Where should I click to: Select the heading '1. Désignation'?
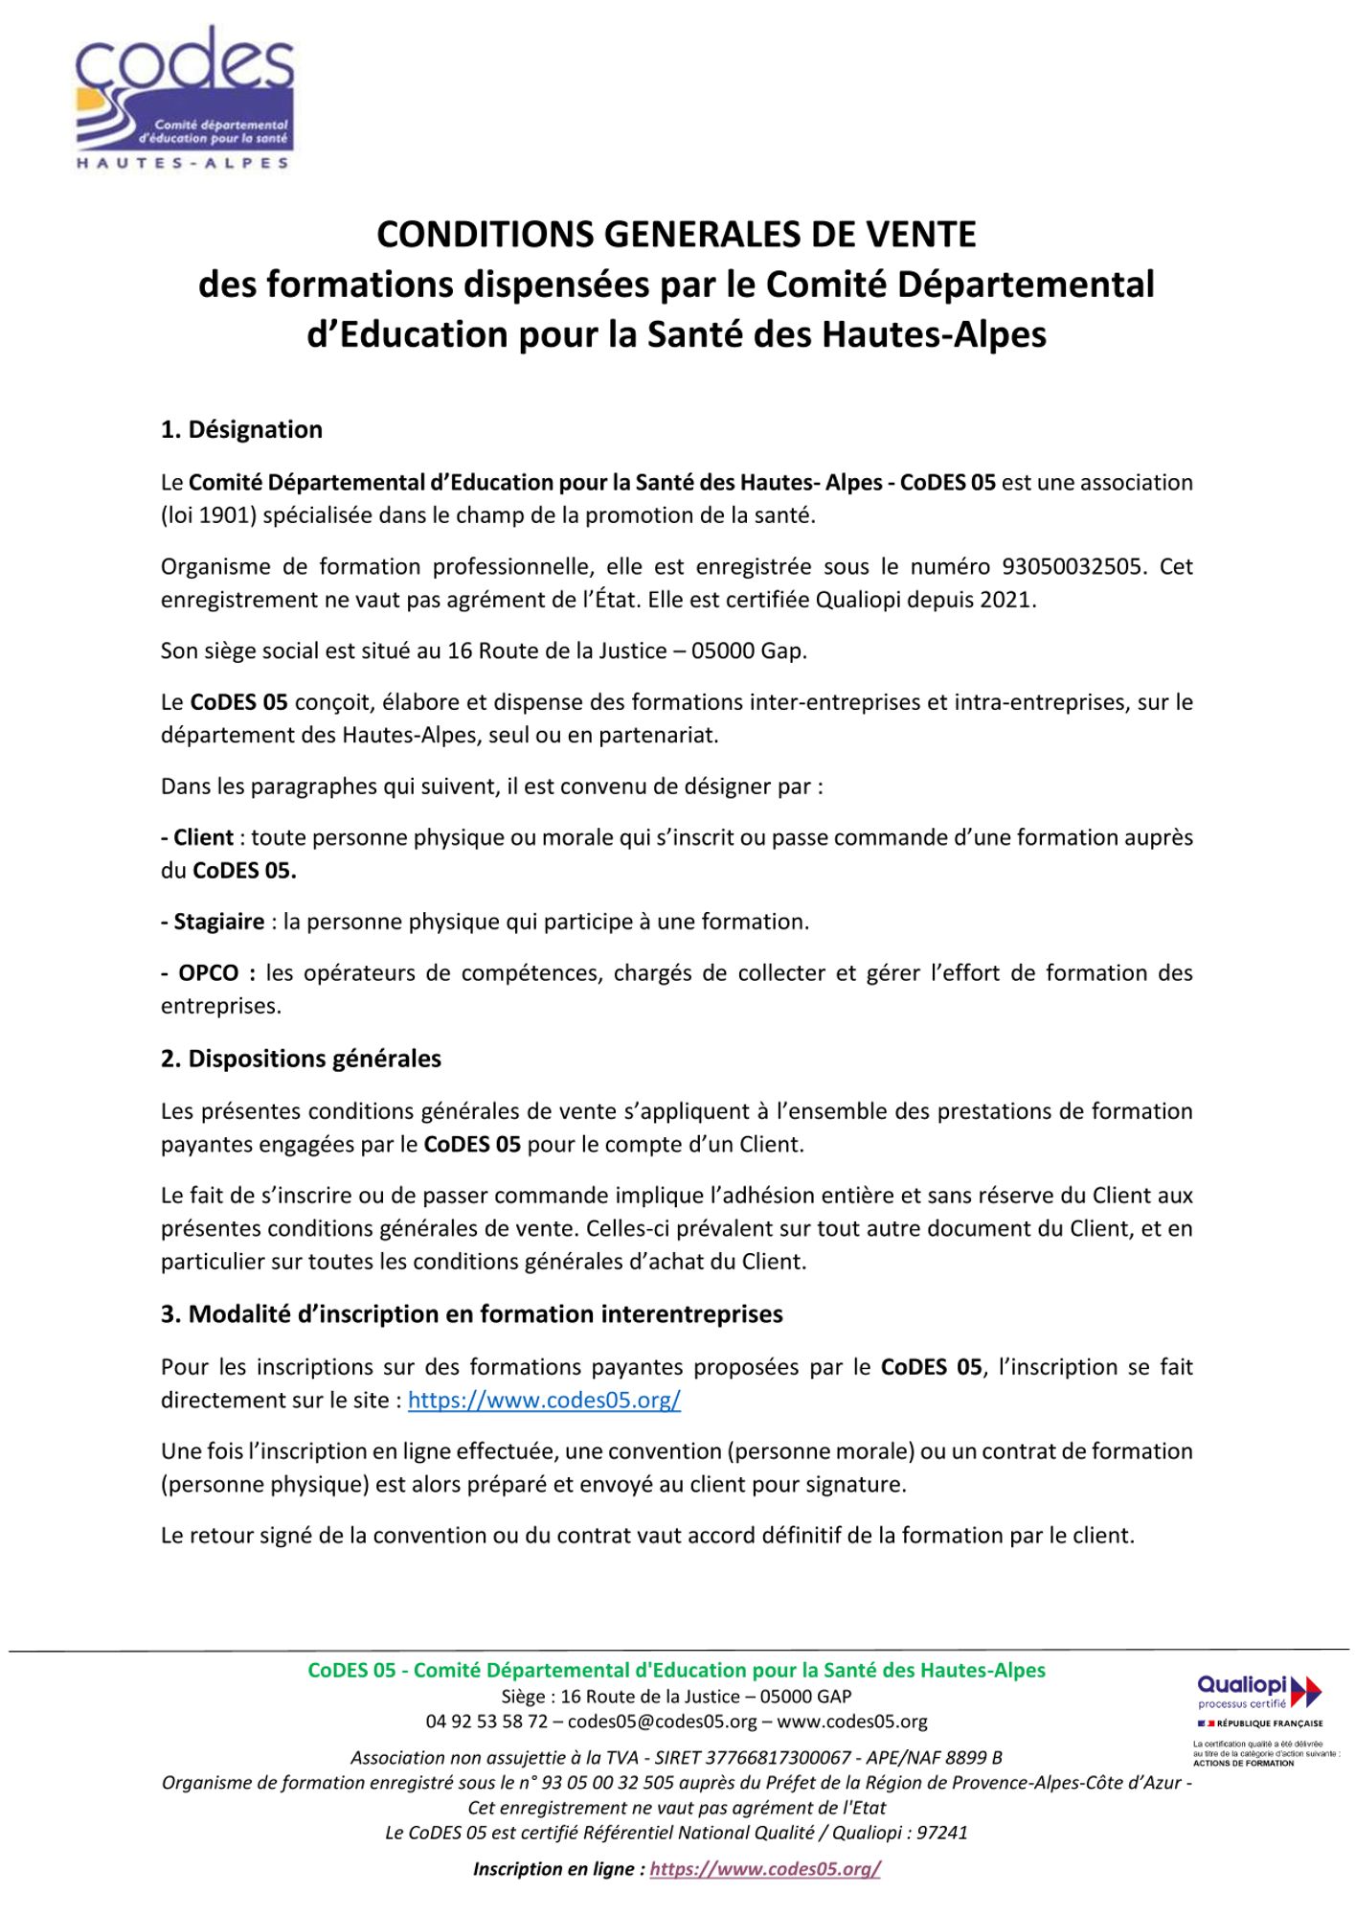click(241, 429)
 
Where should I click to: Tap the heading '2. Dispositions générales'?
click(301, 1059)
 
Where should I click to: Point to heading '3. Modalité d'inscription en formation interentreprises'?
click(471, 1313)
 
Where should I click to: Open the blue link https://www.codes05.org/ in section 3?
click(544, 1400)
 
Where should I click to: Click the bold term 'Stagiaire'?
click(218, 922)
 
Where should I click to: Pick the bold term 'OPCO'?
click(208, 973)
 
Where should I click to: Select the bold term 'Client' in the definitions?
click(203, 837)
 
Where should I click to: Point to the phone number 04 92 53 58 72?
click(486, 1722)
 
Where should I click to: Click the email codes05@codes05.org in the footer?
click(662, 1722)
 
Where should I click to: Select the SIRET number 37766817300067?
click(778, 1758)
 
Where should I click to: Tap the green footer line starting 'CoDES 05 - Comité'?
click(676, 1670)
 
